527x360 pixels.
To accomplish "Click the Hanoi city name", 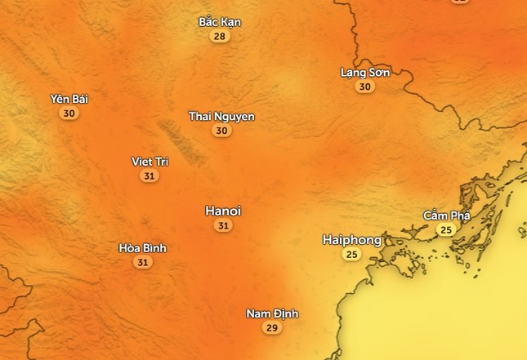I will coord(223,211).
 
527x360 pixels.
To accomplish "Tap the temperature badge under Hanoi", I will coord(223,225).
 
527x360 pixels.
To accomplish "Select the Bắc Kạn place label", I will coord(220,22).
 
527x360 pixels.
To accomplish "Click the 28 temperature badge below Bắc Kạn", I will coord(220,36).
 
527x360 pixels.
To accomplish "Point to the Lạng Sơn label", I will coord(365,73).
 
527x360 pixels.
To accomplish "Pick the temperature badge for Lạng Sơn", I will coord(364,87).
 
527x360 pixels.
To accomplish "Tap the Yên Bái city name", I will coord(69,100).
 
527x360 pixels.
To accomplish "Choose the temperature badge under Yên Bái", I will coord(69,113).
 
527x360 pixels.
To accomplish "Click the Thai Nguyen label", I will coord(221,117).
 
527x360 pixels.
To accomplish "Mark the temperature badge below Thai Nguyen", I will coord(221,131).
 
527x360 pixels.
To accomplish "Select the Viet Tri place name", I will coord(150,162).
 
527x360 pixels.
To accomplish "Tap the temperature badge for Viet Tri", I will coord(149,176).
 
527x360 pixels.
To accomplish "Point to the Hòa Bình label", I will coord(143,248).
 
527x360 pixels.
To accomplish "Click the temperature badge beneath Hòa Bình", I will coord(143,262).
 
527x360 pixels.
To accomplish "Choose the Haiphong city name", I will coord(352,240).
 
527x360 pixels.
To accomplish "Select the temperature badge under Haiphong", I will coord(352,255).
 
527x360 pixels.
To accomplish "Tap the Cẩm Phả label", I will coord(446,216).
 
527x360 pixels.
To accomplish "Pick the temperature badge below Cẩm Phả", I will coord(445,230).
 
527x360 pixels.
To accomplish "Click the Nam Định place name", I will coord(273,313).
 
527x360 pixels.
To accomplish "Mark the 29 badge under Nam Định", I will coord(272,327).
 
